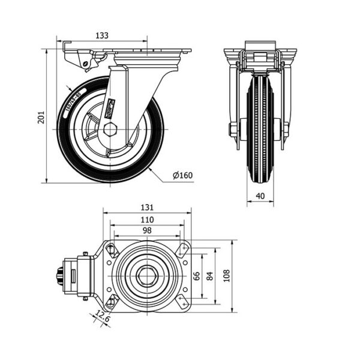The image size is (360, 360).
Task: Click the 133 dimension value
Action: tap(103, 36)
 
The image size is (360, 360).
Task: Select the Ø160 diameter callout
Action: tap(182, 175)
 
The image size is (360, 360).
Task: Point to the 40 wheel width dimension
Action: tap(260, 196)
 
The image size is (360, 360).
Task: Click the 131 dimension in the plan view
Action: tap(147, 208)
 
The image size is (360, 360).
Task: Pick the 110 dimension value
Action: tap(147, 220)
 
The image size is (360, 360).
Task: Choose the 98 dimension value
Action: tap(147, 231)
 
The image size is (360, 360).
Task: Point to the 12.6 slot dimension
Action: tap(103, 318)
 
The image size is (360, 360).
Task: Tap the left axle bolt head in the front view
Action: tap(233, 130)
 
